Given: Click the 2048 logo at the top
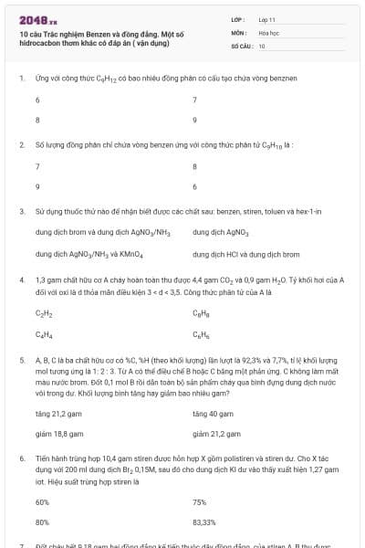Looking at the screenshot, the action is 37,18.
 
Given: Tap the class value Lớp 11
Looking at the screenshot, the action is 267,18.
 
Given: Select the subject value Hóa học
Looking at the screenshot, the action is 269,31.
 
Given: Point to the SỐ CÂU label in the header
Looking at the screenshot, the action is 241,45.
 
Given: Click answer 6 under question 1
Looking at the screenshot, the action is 37,100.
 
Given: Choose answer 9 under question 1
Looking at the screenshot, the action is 195,120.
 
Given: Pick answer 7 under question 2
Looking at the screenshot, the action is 37,166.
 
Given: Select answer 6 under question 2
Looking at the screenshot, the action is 37,186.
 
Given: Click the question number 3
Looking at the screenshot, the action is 21,211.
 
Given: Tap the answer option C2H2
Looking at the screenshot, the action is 43,313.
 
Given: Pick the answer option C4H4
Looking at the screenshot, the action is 43,333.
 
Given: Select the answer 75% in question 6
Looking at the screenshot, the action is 200,501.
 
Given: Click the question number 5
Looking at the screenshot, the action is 21,360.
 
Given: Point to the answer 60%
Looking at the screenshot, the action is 42,501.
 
